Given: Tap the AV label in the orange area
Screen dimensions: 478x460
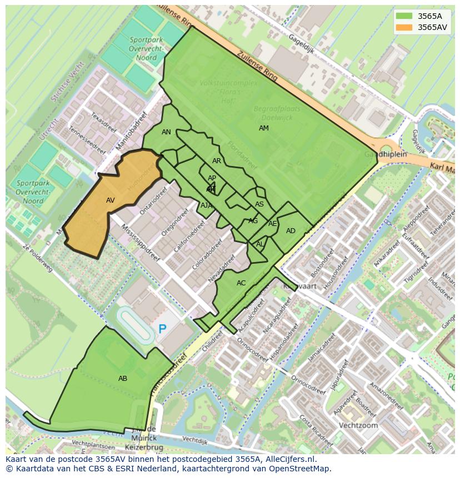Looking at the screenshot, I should [110, 200].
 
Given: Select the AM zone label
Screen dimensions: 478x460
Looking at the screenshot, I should [263, 128].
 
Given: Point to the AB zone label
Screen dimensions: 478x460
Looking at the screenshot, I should [123, 379].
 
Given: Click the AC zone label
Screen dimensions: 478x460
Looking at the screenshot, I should [241, 283].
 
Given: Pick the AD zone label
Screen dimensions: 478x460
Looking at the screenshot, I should [291, 231].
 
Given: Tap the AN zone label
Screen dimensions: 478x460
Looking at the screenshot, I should [166, 132].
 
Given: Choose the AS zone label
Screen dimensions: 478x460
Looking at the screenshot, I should [259, 204].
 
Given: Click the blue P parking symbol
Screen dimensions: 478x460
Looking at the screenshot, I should [162, 329].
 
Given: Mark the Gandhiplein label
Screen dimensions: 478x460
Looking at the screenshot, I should [386, 154].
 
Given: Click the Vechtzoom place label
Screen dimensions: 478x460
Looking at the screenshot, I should [359, 426].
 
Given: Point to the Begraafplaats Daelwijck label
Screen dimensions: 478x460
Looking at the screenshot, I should [273, 114].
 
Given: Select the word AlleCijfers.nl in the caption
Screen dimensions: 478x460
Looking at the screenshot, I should [288, 460].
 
